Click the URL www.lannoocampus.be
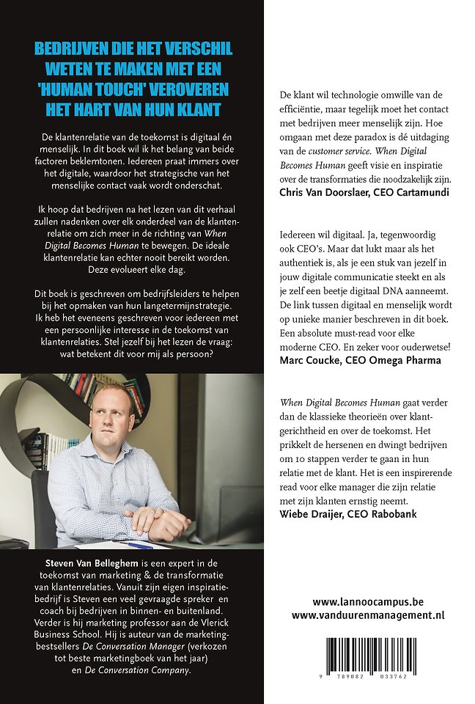tap(367, 601)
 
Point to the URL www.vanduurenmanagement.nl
tap(367, 615)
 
